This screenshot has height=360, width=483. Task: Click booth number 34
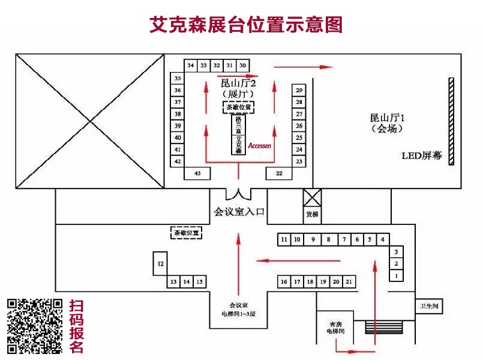[x=191, y=65]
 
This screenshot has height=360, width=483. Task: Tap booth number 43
[x=197, y=173]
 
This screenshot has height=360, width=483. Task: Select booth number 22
[x=279, y=173]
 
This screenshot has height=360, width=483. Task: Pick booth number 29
[x=299, y=89]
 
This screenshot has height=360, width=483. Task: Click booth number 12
[x=160, y=263]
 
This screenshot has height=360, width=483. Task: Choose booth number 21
[x=349, y=281]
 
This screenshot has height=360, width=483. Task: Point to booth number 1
[x=396, y=275]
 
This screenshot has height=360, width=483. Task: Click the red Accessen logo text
[x=260, y=146]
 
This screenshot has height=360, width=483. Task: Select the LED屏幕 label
[x=421, y=155]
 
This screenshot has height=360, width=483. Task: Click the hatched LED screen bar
[x=450, y=121]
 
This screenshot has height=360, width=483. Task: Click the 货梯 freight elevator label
[x=311, y=214]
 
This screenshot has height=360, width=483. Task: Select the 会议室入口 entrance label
[x=239, y=211]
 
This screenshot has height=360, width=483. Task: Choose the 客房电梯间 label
[x=335, y=326]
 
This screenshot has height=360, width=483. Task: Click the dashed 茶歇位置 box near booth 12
[x=185, y=232]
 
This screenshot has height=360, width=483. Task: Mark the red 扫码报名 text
[x=77, y=326]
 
